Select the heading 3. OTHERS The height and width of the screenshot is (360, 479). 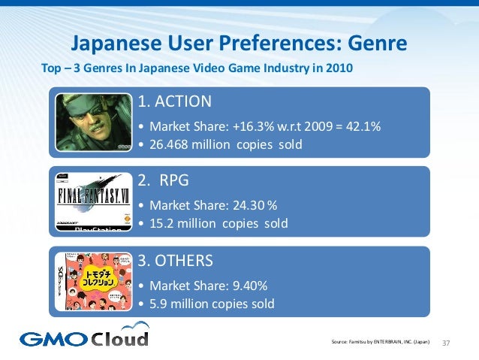(x=180, y=261)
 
